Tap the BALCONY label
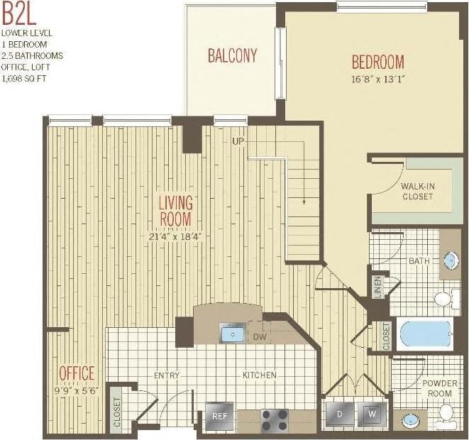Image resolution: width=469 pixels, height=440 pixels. coord(232,55)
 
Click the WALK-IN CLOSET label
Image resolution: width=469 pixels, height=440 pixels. coord(417,191)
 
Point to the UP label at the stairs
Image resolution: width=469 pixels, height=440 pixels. coord(238,141)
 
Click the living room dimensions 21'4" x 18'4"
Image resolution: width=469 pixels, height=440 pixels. coord(175,236)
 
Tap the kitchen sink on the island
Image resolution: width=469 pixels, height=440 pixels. coord(232,332)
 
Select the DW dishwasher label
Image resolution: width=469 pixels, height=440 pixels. coord(260,336)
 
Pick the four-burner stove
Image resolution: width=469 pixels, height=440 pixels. coord(275,420)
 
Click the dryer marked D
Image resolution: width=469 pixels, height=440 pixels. coord(339,414)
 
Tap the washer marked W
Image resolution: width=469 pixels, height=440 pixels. coord(372,414)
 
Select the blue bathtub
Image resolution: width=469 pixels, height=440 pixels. coord(425,334)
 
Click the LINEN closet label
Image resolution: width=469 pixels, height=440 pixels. coord(377,287)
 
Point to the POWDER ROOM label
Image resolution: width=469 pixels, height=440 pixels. coord(440,388)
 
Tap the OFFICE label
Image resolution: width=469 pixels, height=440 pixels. coord(77,373)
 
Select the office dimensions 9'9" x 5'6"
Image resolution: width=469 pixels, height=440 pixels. coord(77,389)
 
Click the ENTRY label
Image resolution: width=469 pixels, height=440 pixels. coord(167,375)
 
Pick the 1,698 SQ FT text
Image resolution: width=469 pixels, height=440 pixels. coord(23,78)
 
